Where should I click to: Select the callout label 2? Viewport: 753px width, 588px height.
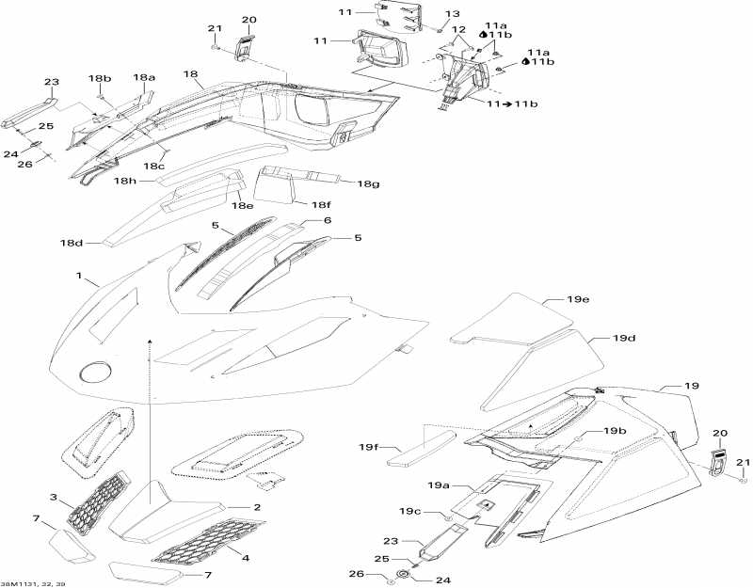pos(255,507)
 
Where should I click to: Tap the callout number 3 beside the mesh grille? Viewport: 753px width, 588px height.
pos(54,498)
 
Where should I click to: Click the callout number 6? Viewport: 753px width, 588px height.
pos(328,219)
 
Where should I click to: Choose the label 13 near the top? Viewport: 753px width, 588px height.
pos(452,14)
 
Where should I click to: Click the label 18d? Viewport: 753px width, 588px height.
pos(72,244)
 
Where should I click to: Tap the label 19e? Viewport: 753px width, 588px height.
pos(577,299)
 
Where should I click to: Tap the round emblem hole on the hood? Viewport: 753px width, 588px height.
pos(94,372)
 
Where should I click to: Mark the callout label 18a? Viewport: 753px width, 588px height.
pos(144,78)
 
